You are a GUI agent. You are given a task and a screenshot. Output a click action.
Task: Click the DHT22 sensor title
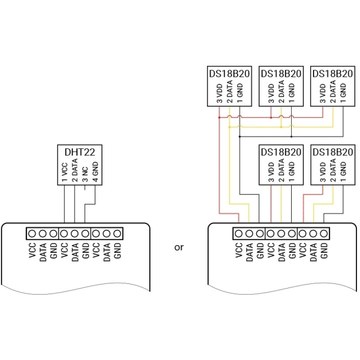(80, 152)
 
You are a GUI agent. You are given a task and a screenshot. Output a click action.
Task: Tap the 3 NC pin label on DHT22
(85, 174)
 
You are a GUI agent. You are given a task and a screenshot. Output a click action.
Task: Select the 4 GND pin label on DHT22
(95, 172)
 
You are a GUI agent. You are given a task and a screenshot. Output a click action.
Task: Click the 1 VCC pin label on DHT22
(64, 172)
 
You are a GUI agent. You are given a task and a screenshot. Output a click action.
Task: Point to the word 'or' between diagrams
(179, 247)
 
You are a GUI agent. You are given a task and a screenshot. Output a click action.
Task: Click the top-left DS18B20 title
(229, 73)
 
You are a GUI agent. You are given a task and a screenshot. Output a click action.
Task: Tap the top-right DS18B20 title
(333, 73)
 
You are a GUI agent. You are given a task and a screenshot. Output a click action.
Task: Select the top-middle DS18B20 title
(281, 73)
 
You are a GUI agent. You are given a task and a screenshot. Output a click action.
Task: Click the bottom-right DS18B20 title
(333, 152)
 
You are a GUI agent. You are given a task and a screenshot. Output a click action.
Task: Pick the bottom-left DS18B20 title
(281, 152)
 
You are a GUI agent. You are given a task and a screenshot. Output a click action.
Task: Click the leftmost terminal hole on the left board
(32, 234)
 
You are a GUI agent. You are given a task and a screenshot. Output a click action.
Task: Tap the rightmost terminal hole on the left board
(117, 234)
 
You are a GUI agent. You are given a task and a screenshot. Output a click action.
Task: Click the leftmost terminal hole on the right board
(239, 234)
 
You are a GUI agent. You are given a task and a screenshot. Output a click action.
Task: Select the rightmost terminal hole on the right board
(324, 234)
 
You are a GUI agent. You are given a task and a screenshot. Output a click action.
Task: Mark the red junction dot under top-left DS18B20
(219, 117)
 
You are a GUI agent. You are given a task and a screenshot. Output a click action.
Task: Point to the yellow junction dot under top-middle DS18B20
(281, 127)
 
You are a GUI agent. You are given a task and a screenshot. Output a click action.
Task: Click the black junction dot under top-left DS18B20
(240, 137)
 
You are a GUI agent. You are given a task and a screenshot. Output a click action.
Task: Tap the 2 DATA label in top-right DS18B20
(333, 91)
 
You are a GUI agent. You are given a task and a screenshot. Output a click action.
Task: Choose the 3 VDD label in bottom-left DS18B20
(271, 172)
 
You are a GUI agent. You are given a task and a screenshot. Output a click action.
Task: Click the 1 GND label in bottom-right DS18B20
(343, 172)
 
